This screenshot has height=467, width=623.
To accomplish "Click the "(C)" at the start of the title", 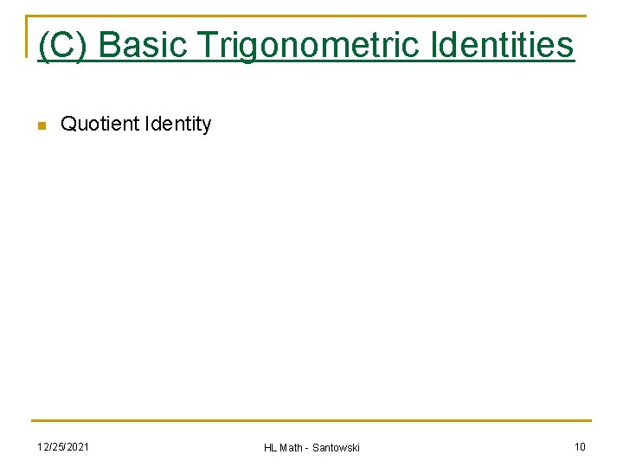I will (62, 45).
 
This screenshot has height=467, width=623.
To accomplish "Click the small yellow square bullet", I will (40, 126).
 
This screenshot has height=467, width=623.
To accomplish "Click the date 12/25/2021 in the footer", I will (62, 446).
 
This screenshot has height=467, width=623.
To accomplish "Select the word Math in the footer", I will (292, 447).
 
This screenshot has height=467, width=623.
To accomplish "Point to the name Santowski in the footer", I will (337, 447).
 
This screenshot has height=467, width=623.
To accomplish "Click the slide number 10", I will (580, 446).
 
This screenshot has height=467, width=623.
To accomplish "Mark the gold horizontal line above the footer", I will (311, 421).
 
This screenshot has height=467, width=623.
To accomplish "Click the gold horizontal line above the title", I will (311, 16).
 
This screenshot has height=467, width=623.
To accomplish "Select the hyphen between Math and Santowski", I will (309, 448).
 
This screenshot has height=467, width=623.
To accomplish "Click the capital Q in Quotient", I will (68, 125).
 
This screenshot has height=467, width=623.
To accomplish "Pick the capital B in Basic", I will (109, 45).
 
